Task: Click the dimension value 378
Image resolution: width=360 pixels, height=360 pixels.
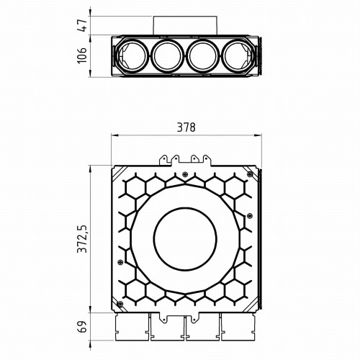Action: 186,127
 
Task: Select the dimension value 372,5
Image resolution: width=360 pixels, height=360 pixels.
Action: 83,239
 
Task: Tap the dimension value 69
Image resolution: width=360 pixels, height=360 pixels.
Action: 82,326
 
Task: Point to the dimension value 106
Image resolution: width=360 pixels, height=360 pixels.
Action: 82,55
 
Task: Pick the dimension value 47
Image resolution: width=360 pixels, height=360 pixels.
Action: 82,25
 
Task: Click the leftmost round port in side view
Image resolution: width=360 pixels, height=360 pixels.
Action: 132,56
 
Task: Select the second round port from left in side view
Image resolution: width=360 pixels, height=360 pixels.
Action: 168,56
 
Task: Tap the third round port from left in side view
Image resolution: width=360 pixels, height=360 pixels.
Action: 203,56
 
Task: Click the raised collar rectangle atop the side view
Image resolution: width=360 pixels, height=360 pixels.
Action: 185,26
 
